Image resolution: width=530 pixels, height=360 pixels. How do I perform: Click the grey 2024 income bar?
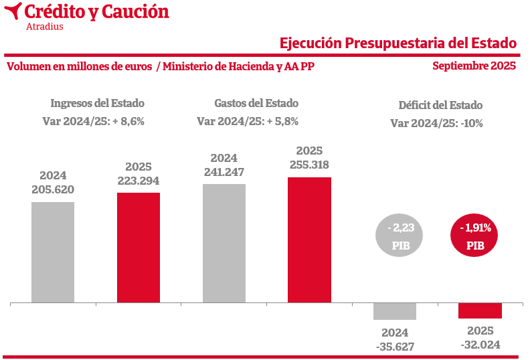click(53, 252)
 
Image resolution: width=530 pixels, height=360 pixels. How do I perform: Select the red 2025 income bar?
click(139, 248)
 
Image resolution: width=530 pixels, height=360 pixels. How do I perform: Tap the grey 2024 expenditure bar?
click(224, 243)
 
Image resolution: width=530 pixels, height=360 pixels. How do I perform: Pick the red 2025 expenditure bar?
click(309, 240)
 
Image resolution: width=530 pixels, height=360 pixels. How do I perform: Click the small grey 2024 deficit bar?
click(395, 311)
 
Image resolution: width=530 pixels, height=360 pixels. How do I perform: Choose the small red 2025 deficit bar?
click(480, 310)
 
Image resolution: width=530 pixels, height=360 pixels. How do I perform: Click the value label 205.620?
click(53, 189)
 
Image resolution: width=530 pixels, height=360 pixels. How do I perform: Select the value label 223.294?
click(139, 181)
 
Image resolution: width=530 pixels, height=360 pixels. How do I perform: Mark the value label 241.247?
click(224, 172)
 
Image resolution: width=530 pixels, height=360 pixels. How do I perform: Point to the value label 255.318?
click(309, 164)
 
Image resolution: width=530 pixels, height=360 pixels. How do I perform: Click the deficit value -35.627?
click(395, 347)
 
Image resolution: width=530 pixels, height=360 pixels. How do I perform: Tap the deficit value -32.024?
click(480, 345)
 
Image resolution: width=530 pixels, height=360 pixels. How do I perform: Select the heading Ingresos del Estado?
click(98, 103)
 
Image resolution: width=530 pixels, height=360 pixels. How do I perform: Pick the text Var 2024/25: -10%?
click(436, 123)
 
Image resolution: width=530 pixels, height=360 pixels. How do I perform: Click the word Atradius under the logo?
click(44, 27)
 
